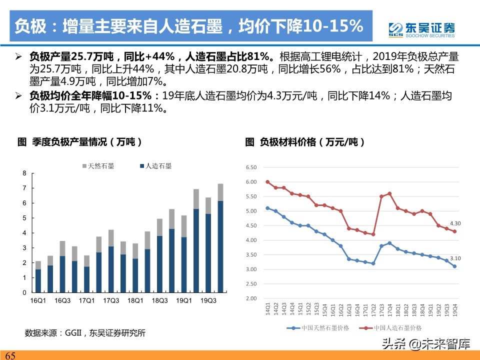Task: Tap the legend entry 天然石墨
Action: coord(97,166)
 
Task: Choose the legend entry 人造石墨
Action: coord(155,166)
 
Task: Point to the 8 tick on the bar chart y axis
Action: coord(24,173)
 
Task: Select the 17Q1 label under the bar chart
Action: coord(86,300)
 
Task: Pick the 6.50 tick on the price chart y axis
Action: coord(251,167)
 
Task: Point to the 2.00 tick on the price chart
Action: coord(251,298)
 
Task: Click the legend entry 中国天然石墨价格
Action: coord(320,328)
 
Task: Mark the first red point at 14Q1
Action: coord(267,182)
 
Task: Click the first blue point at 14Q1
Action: coord(267,208)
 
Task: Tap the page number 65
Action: coord(10,355)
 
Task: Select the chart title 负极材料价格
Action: coord(305,142)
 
